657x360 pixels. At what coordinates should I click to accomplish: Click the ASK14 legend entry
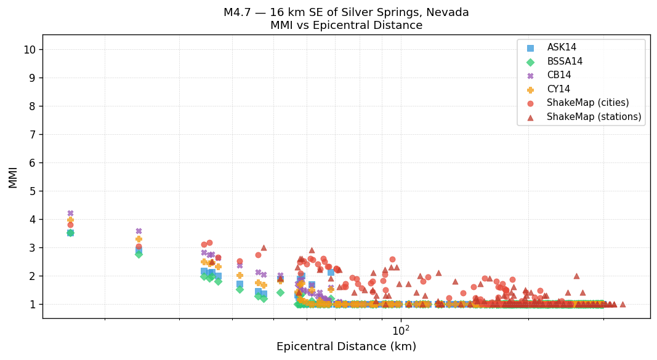point(562,47)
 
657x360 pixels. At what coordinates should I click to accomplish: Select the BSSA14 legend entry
point(565,62)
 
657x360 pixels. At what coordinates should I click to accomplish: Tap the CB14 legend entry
point(558,75)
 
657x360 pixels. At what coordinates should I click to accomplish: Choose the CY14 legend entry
point(558,89)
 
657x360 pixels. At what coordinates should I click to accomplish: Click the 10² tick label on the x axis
point(401,330)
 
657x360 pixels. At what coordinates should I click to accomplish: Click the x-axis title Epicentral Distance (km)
point(346,346)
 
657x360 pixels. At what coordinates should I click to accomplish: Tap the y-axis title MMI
point(13,177)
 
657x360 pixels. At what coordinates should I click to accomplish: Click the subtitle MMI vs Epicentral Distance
point(346,26)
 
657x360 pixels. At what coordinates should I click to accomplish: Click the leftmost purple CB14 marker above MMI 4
point(70,214)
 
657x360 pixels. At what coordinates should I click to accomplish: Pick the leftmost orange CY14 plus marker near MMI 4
point(70,220)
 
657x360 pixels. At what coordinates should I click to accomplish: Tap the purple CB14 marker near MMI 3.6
point(139,231)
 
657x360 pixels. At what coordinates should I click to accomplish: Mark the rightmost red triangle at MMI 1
point(623,304)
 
